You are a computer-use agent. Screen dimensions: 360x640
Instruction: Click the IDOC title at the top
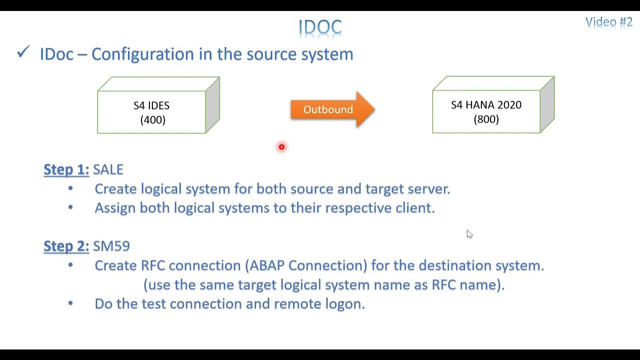[320, 27]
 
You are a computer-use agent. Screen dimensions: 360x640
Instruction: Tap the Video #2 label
[608, 22]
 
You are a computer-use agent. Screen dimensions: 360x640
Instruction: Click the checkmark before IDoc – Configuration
[23, 52]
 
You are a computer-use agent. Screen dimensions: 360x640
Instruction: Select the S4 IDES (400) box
[152, 112]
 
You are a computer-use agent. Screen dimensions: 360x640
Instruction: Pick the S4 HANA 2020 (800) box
[486, 111]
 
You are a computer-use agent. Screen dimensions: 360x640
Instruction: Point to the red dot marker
[281, 147]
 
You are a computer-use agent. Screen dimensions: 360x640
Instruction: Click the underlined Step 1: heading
[66, 169]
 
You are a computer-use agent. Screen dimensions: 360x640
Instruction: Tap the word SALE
[108, 169]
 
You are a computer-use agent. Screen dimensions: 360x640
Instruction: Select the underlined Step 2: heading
[66, 246]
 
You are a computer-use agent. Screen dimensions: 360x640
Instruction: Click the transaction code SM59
[111, 246]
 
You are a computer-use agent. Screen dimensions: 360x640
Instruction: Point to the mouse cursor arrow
[469, 233]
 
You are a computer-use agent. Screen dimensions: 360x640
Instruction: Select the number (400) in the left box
[152, 120]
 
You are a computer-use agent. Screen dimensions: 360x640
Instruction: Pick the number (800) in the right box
[486, 119]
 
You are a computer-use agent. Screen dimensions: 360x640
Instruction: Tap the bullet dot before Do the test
[70, 303]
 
